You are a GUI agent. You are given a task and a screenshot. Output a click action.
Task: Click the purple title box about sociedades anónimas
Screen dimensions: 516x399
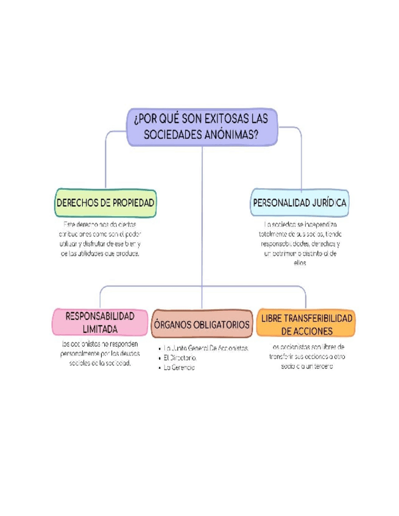tap(202, 127)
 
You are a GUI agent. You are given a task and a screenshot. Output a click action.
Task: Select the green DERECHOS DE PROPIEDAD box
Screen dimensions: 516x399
tap(105, 203)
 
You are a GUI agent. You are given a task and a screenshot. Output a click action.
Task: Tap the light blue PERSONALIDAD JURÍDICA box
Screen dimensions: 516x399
tap(300, 203)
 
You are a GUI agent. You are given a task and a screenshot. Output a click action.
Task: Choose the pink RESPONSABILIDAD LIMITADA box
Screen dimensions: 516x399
tap(100, 322)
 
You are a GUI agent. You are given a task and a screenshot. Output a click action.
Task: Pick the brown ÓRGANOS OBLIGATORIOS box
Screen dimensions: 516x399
tap(202, 324)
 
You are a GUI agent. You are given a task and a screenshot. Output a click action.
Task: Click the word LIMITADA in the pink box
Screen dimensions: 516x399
tap(100, 329)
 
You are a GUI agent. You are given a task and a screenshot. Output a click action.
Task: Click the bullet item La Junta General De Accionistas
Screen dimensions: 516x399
tap(206, 348)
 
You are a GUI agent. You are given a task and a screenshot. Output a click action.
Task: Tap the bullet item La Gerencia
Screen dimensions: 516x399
tap(178, 368)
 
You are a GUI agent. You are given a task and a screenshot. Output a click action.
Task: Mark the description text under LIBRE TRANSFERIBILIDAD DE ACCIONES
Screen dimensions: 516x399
tap(306, 357)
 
